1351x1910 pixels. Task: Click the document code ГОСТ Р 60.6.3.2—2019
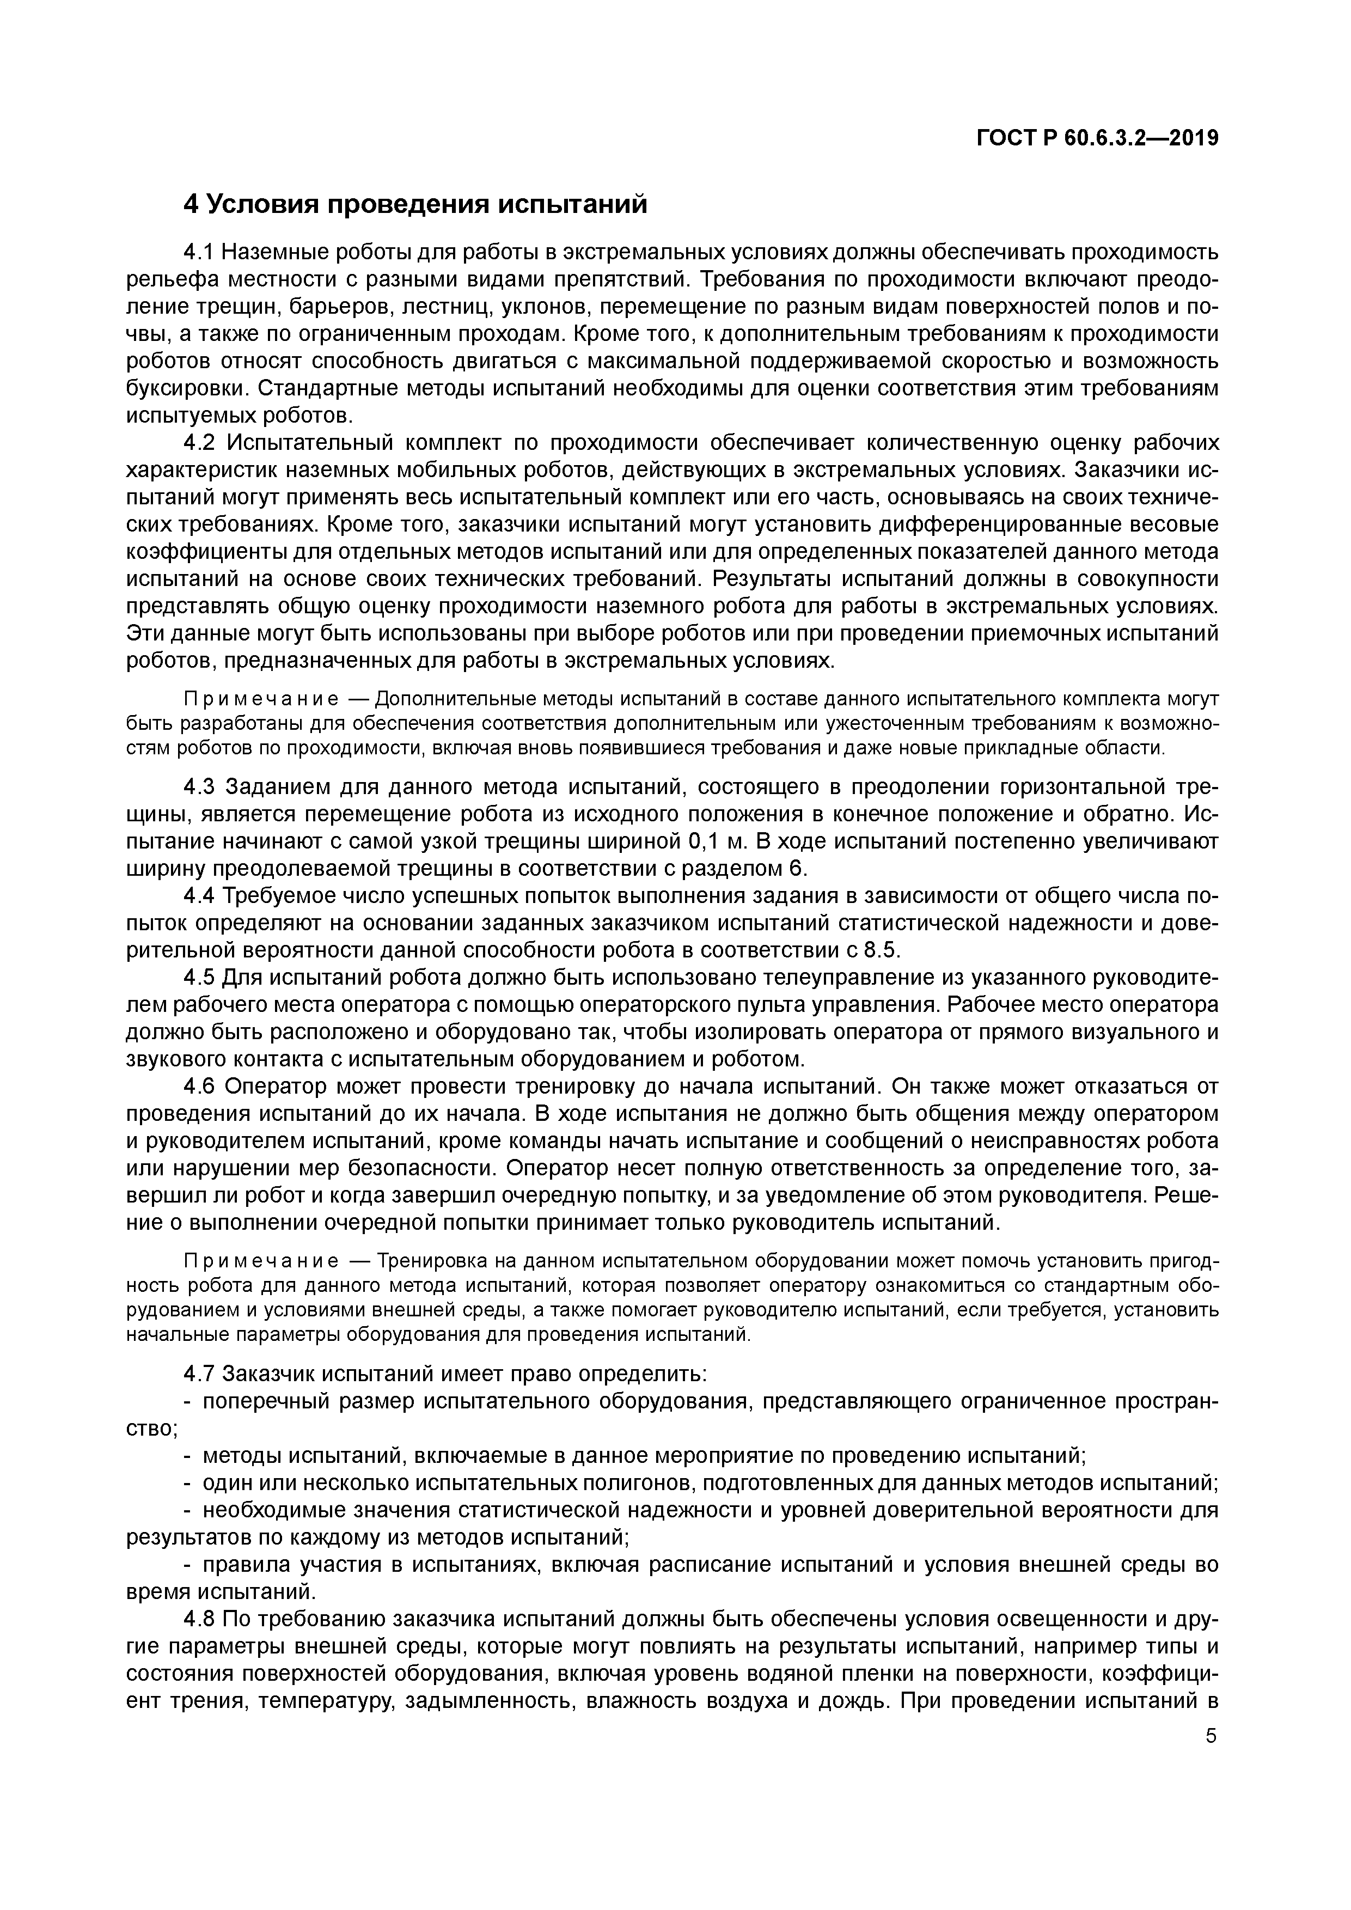[1097, 139]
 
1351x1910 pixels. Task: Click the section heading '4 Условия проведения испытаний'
[414, 204]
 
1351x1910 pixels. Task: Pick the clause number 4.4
[199, 896]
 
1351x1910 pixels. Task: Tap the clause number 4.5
[199, 978]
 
